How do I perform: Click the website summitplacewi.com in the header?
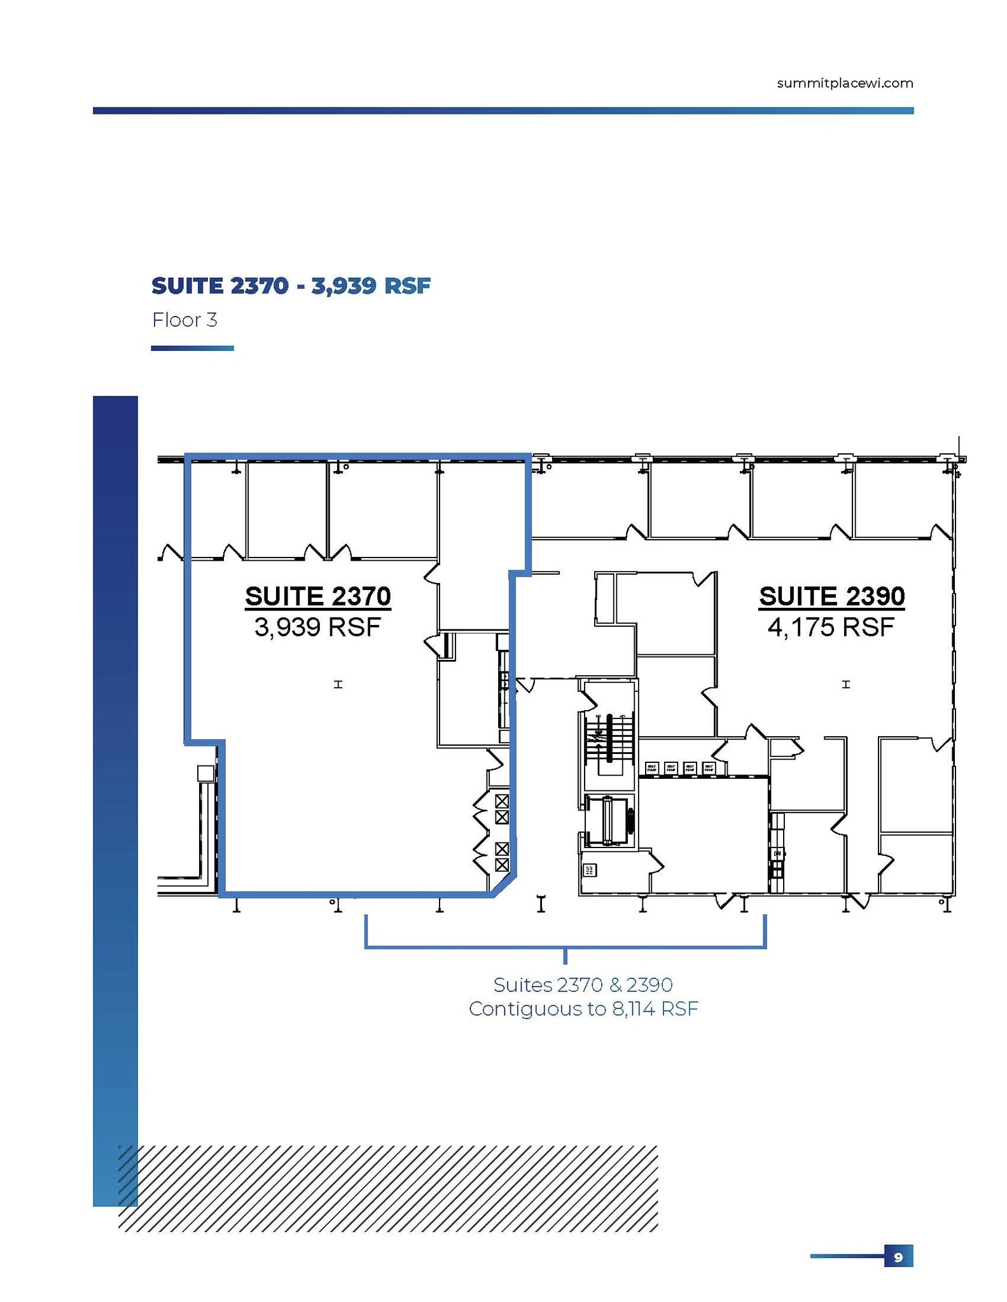(844, 83)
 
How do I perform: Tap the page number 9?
(898, 1257)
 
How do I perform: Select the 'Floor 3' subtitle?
(184, 320)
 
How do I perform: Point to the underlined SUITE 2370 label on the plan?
(317, 596)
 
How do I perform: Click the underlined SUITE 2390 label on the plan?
(831, 596)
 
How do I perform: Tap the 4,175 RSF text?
(831, 627)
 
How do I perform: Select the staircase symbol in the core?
(609, 739)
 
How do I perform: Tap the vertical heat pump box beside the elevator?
(589, 870)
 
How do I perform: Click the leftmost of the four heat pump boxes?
(651, 767)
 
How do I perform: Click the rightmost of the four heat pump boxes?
(709, 767)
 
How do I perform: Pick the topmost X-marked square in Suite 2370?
(502, 800)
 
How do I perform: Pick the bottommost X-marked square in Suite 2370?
(502, 865)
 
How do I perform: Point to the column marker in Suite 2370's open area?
(338, 685)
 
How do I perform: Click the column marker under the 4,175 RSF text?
(845, 685)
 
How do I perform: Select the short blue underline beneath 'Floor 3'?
(192, 348)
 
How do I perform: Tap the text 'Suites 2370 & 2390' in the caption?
(583, 985)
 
